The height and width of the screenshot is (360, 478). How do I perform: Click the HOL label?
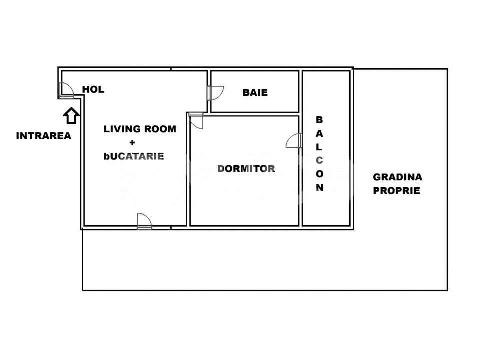pyautogui.click(x=93, y=90)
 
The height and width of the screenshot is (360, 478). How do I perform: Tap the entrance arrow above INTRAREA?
pyautogui.click(x=71, y=116)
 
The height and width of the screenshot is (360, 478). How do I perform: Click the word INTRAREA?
pyautogui.click(x=44, y=135)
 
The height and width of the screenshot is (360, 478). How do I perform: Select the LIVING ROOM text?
pyautogui.click(x=140, y=129)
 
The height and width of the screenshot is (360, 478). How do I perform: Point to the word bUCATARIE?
pyautogui.click(x=134, y=156)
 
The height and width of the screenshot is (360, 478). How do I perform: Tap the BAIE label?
pyautogui.click(x=255, y=92)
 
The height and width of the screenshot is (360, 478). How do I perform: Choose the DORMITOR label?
pyautogui.click(x=246, y=168)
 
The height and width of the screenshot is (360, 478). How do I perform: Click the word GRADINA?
pyautogui.click(x=398, y=177)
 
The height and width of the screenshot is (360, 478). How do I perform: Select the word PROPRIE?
pyautogui.click(x=397, y=190)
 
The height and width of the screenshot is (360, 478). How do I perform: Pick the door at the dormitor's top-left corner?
pyautogui.click(x=196, y=121)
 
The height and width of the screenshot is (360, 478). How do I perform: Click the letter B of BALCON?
pyautogui.click(x=320, y=120)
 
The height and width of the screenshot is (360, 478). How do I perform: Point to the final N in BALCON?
pyautogui.click(x=320, y=188)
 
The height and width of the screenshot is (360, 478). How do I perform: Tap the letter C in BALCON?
pyautogui.click(x=320, y=160)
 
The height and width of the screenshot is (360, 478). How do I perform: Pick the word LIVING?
pyautogui.click(x=120, y=129)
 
